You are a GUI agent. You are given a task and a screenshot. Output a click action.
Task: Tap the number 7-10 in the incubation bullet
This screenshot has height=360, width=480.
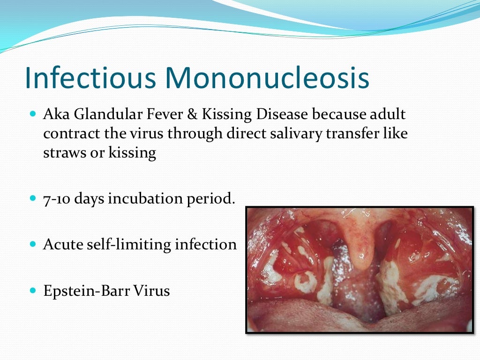point(57,198)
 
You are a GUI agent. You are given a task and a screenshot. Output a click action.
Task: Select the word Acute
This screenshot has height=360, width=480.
point(61,244)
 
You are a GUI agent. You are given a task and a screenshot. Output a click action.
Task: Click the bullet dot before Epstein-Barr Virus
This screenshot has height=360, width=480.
point(32,291)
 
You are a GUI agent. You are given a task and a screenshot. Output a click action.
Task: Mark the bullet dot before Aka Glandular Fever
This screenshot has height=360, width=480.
point(32,114)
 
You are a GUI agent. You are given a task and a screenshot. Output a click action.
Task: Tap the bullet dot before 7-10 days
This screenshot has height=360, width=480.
point(32,198)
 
